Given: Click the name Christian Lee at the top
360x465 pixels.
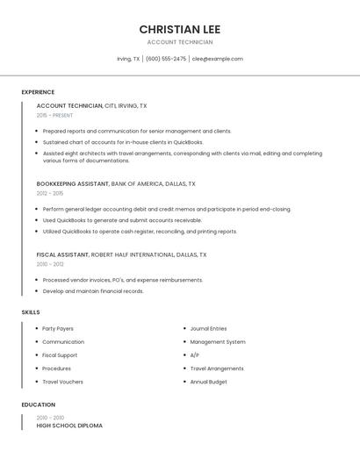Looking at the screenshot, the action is point(180,29).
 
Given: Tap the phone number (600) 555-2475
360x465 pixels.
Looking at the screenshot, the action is point(166,59).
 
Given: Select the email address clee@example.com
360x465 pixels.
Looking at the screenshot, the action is point(217,59).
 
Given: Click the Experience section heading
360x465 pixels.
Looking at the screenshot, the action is point(38,92).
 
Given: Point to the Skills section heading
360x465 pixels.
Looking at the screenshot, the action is point(31,311).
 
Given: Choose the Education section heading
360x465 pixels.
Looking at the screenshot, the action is point(39,404).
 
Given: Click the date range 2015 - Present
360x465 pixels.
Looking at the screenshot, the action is point(54,115).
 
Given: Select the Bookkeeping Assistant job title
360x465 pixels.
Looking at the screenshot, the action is point(73,184).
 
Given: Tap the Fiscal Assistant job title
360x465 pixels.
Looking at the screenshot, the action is point(62,254).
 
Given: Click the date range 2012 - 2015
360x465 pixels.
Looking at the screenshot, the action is point(50,193).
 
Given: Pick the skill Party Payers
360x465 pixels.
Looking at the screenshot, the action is point(58,328).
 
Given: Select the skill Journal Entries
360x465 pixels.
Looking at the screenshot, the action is point(208,328).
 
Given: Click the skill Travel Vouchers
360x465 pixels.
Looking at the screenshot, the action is point(62,382).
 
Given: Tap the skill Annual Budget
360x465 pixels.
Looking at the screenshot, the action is point(208,382).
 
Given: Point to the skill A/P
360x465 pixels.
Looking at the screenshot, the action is point(194,355).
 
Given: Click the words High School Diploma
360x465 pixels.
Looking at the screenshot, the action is point(69,426).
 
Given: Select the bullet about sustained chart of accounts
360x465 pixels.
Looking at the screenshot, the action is point(123,142).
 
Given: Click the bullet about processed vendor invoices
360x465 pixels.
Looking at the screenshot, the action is point(123,280).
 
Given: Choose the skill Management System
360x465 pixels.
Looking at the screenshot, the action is point(218,342).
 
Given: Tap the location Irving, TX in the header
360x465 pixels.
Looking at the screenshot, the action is point(128,59).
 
